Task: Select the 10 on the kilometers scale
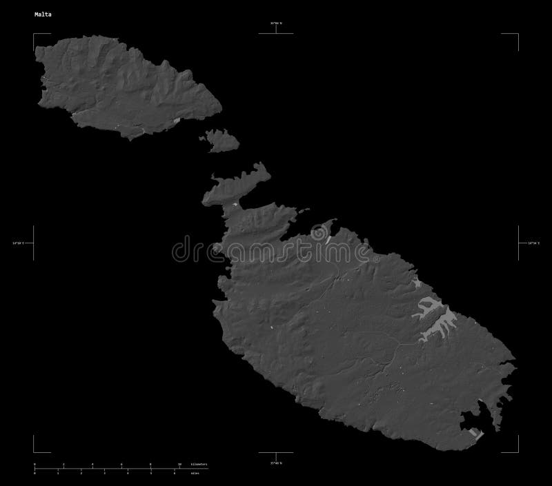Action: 180,465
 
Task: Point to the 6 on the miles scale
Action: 174,473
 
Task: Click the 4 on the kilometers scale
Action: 92,465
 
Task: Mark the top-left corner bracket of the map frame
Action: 34,34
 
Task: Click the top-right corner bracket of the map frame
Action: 517,34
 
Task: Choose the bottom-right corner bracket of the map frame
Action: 517,452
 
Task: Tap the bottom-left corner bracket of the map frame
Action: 34,452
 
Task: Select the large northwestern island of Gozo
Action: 124,86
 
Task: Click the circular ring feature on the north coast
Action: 320,234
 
